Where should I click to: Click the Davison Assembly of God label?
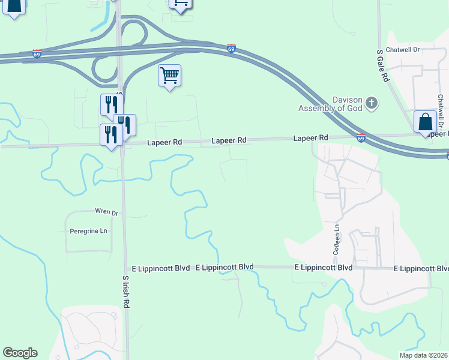click(331, 104)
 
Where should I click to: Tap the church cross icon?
click(372, 103)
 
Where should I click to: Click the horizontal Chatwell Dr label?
click(402, 49)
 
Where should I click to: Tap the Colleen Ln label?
click(337, 238)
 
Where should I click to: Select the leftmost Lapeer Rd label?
click(164, 142)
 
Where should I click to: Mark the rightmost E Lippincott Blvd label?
click(421, 268)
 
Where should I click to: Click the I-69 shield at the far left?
click(37, 54)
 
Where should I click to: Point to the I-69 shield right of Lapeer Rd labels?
click(361, 138)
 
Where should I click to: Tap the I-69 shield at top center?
click(231, 48)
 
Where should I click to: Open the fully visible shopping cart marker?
click(170, 76)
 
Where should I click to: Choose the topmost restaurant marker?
click(111, 105)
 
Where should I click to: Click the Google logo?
click(20, 353)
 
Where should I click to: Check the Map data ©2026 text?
click(423, 355)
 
